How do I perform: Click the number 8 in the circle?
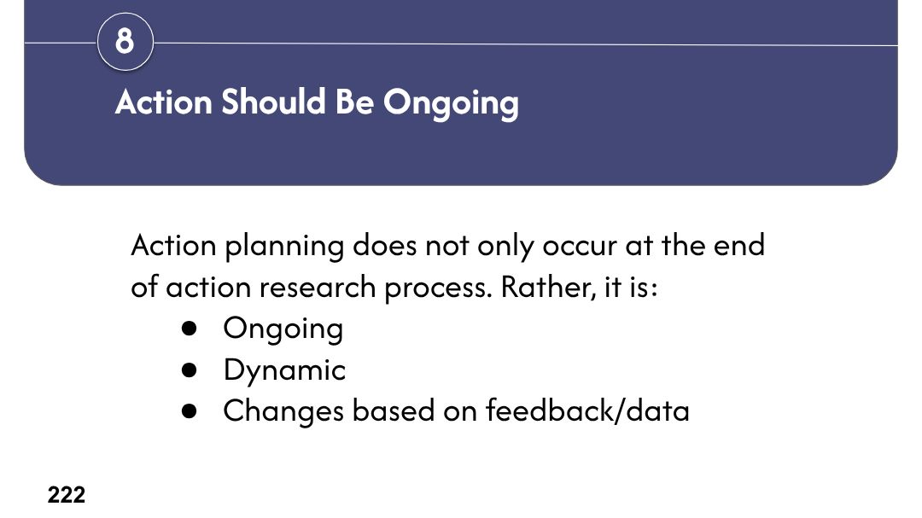pos(125,42)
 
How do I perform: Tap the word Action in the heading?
pos(163,102)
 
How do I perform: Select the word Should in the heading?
pos(273,102)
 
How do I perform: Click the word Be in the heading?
pos(354,102)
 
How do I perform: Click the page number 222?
pos(67,495)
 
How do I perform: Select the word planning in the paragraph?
pos(284,247)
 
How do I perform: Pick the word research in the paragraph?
pos(318,287)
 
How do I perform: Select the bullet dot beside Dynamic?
pos(189,370)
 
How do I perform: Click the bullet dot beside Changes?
pos(189,411)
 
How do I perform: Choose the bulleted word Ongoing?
pos(283,329)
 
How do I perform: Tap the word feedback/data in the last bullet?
pos(587,410)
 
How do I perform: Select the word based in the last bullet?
pos(394,410)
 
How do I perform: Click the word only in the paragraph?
pos(505,247)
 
